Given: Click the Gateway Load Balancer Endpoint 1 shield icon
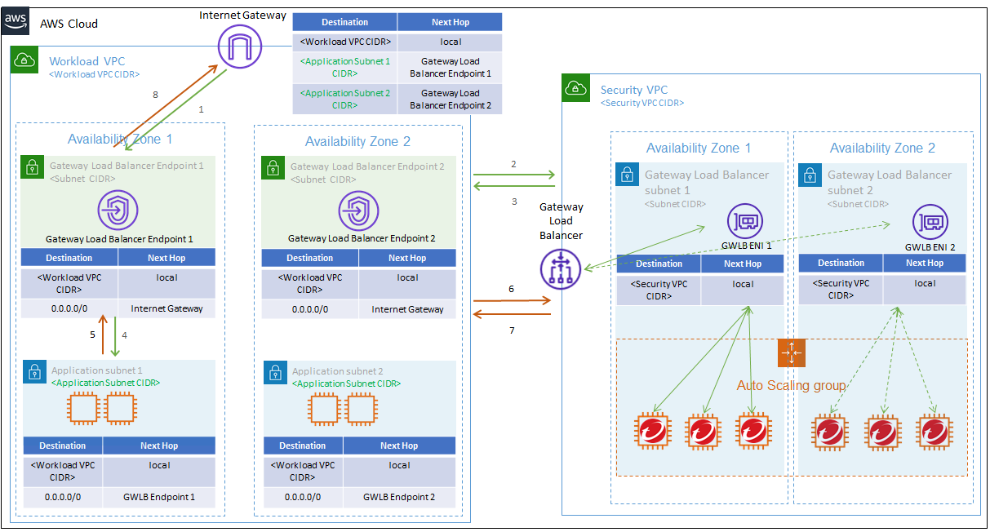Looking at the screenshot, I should pos(119,211).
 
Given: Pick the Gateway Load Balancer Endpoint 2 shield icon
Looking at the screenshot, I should pos(359,211).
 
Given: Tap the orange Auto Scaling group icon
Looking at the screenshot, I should pos(792,353).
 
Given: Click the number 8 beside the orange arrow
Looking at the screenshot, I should pos(155,95).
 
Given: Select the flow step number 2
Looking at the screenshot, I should pos(513,164).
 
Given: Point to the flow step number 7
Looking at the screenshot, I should pos(512,330).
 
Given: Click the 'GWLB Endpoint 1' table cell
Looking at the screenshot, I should pos(159,497).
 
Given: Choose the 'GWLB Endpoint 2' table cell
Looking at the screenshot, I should pos(399,497).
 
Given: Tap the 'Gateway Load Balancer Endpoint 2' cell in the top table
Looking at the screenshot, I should pos(450,99).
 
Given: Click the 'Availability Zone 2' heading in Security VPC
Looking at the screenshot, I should pos(882,149).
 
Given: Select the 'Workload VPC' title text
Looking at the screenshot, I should pos(87,61).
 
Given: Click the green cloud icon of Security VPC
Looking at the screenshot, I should pos(576,88).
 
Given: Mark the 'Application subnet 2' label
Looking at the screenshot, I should pos(337,371).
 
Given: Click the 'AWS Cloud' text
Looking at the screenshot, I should pos(69,24).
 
